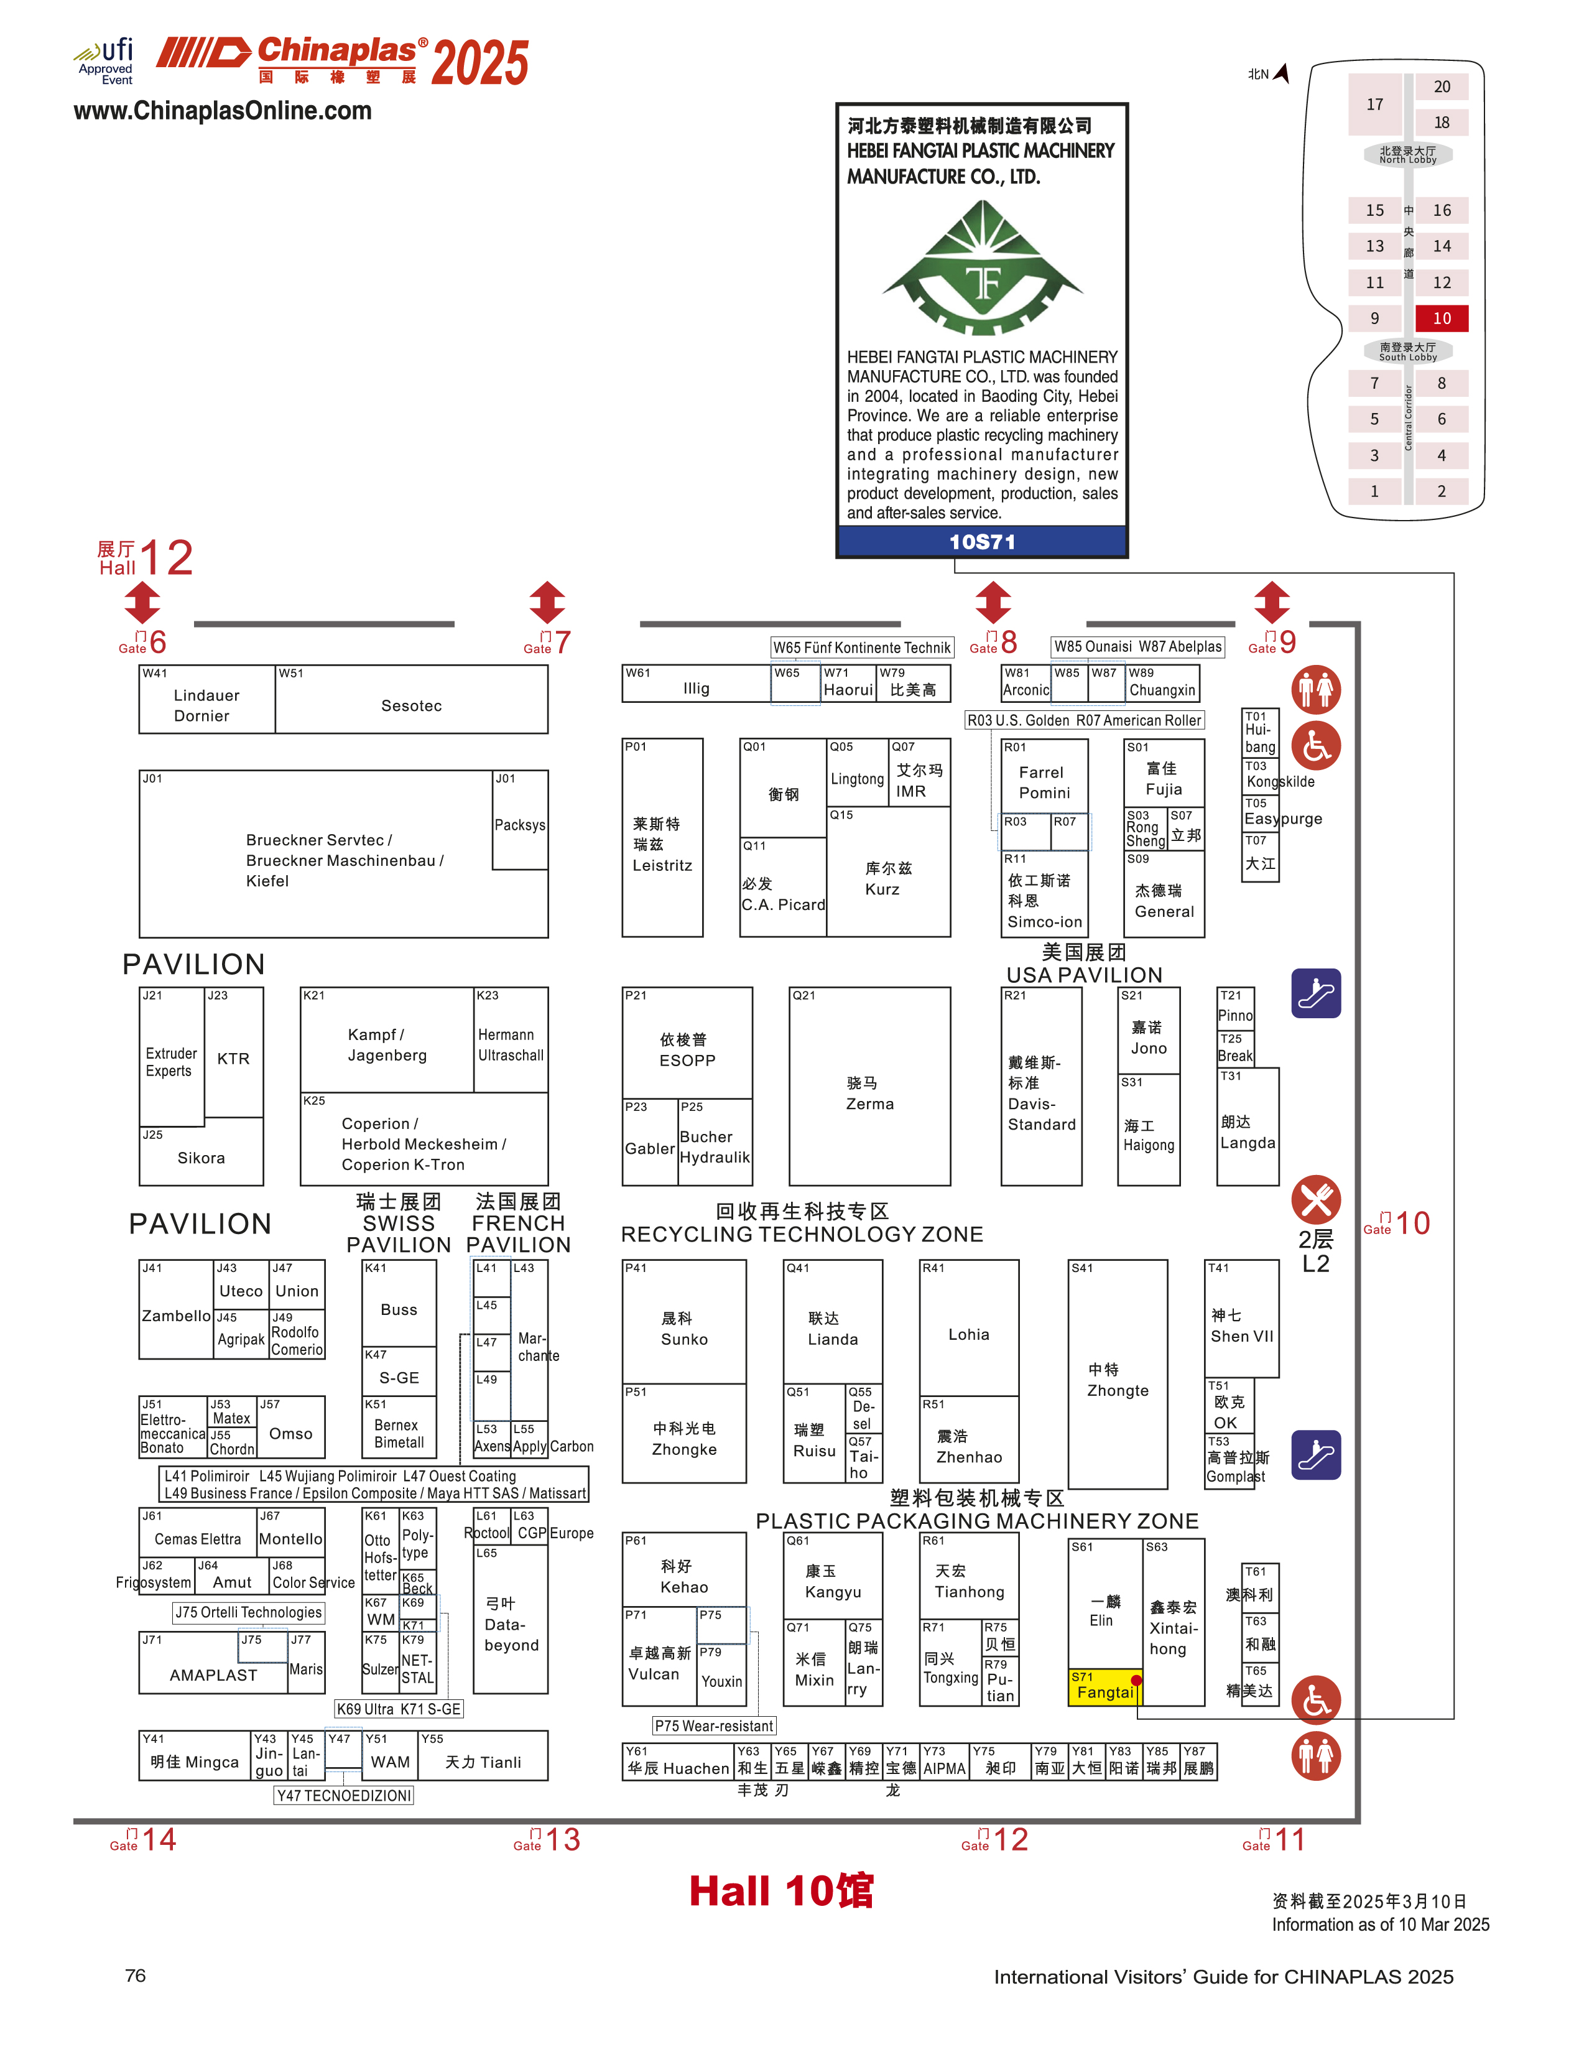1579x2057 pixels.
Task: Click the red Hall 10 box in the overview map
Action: pyautogui.click(x=1441, y=318)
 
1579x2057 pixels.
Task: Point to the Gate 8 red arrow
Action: pyautogui.click(x=993, y=601)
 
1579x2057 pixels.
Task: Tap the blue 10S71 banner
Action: pyautogui.click(x=981, y=542)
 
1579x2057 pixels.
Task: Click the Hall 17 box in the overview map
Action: pyautogui.click(x=1374, y=104)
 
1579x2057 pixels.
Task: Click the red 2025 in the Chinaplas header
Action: pyautogui.click(x=479, y=63)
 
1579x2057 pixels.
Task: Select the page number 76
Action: pyautogui.click(x=136, y=1976)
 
